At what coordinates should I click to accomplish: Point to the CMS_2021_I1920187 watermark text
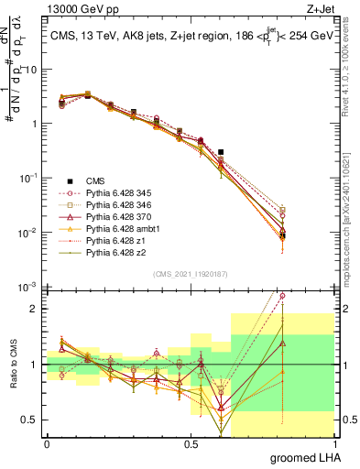(x=191, y=274)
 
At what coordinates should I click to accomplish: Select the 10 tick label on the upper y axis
(x=30, y=70)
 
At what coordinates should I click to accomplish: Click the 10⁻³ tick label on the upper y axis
(x=28, y=287)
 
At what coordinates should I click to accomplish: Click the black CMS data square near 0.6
(x=221, y=152)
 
